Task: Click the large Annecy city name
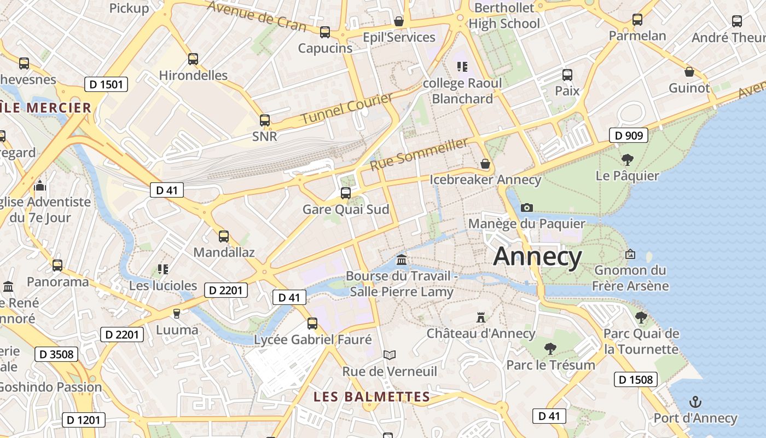point(537,257)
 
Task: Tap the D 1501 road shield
point(106,84)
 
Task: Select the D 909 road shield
point(629,135)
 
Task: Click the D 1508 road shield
point(635,379)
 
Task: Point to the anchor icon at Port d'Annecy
point(695,402)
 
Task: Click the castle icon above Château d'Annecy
point(481,317)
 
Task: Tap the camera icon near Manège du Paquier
point(527,208)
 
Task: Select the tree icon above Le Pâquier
point(627,160)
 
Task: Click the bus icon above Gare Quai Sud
point(345,193)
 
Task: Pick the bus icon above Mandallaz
point(223,237)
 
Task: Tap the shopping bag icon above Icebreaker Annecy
point(485,164)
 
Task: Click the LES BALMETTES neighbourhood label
point(372,397)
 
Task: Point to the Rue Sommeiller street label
point(419,154)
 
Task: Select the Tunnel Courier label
point(347,108)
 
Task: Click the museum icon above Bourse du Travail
point(402,259)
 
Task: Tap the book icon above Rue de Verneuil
point(389,355)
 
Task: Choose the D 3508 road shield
point(56,354)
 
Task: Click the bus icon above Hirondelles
point(193,59)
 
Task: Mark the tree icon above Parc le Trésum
point(550,348)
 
